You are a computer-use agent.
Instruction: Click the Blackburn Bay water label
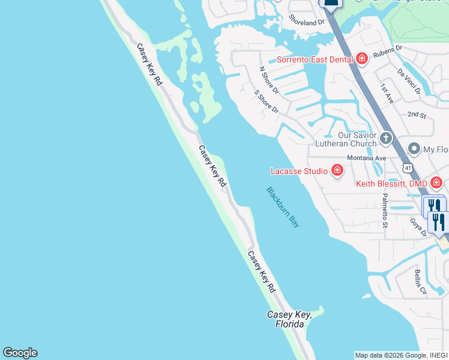pyautogui.click(x=283, y=207)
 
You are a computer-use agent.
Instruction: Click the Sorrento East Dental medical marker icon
pyautogui.click(x=361, y=59)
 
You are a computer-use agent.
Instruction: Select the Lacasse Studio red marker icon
pyautogui.click(x=337, y=171)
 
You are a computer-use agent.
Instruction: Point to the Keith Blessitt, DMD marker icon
pyautogui.click(x=436, y=182)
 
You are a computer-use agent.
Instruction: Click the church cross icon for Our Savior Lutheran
pyautogui.click(x=385, y=139)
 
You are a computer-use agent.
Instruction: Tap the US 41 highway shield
pyautogui.click(x=408, y=166)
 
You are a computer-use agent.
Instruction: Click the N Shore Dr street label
pyautogui.click(x=269, y=80)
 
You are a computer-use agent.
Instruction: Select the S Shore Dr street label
pyautogui.click(x=267, y=102)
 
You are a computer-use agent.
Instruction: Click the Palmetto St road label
pyautogui.click(x=384, y=211)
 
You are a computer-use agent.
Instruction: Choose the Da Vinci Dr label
pyautogui.click(x=409, y=80)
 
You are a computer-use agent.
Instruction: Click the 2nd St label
pyautogui.click(x=416, y=114)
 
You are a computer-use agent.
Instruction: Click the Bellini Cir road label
pyautogui.click(x=420, y=283)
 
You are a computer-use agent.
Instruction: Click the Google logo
pyautogui.click(x=20, y=353)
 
